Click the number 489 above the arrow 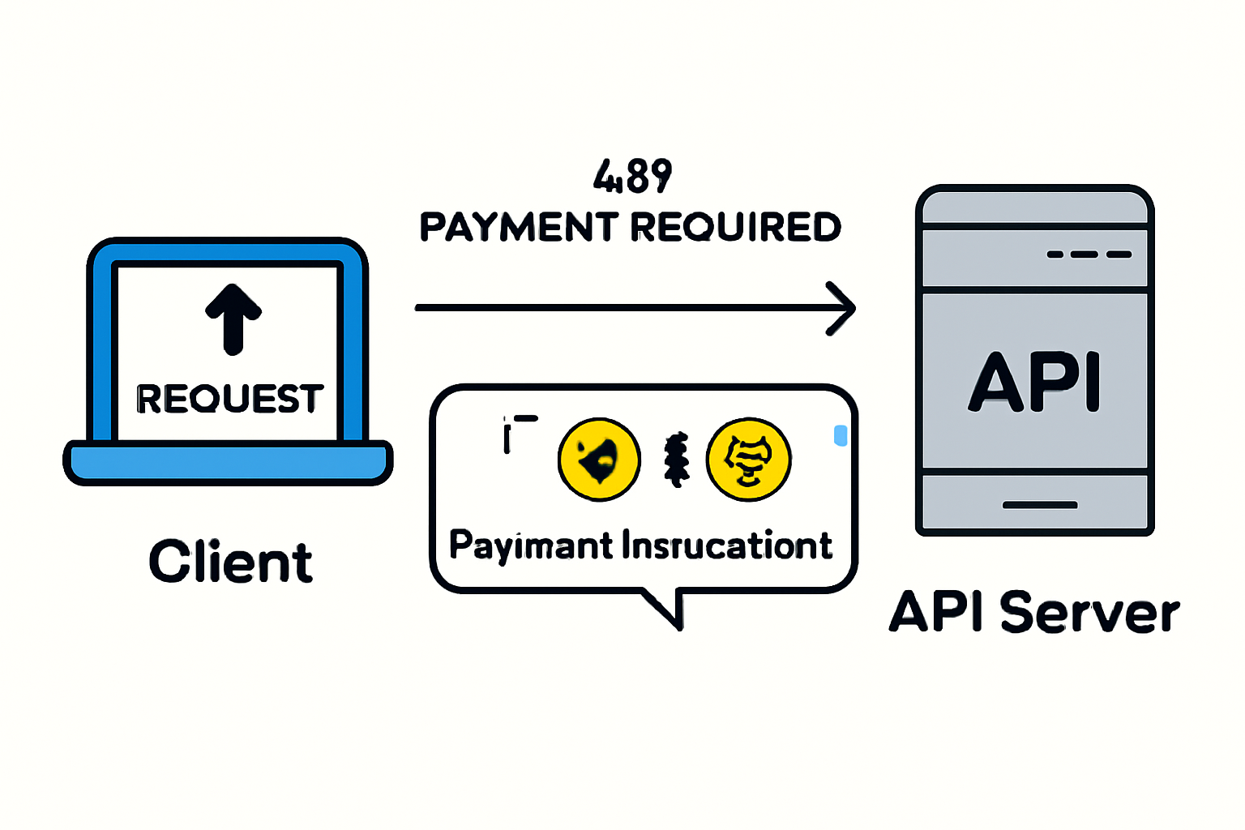point(632,176)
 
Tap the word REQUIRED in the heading point(736,227)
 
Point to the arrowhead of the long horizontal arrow point(843,308)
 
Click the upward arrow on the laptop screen point(233,319)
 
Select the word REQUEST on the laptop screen point(230,399)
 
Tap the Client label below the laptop point(231,562)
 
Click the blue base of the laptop point(228,463)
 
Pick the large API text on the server point(1035,382)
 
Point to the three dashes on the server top point(1089,255)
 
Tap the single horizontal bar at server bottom point(1040,505)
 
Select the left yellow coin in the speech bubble point(599,460)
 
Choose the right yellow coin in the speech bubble point(748,460)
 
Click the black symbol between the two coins point(676,460)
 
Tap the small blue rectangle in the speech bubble point(841,435)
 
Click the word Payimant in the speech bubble point(531,545)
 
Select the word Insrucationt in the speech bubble point(727,545)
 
